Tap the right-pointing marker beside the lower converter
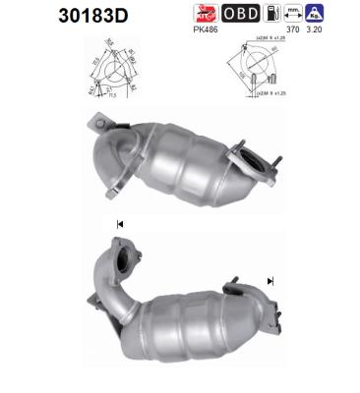[270, 281]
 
